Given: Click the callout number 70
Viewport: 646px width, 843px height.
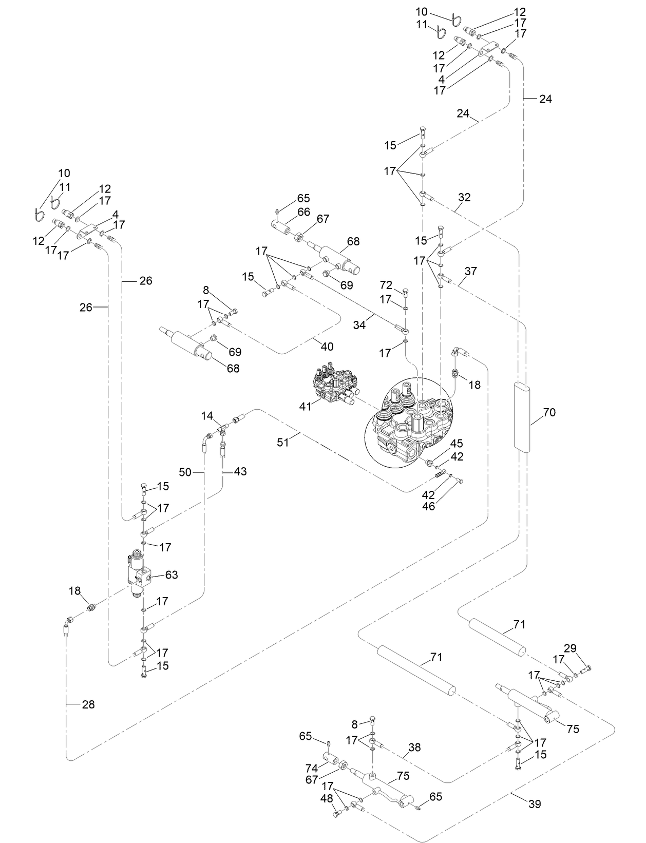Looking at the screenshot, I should coord(549,412).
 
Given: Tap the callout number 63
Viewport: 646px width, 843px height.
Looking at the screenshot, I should coord(171,574).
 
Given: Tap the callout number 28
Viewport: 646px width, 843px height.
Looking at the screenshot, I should coord(88,704).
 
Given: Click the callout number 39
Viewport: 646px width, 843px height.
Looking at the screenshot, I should coord(535,803).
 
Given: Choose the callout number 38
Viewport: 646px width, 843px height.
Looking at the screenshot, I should coord(414,748).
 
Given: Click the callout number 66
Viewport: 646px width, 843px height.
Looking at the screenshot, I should coord(303,212).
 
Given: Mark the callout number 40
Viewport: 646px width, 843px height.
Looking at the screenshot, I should coord(327,347).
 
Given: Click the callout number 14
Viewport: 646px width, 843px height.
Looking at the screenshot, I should coord(207,415).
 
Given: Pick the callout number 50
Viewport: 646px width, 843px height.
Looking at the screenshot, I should coord(185,471).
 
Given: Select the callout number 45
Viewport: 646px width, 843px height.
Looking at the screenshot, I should coord(456,444).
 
